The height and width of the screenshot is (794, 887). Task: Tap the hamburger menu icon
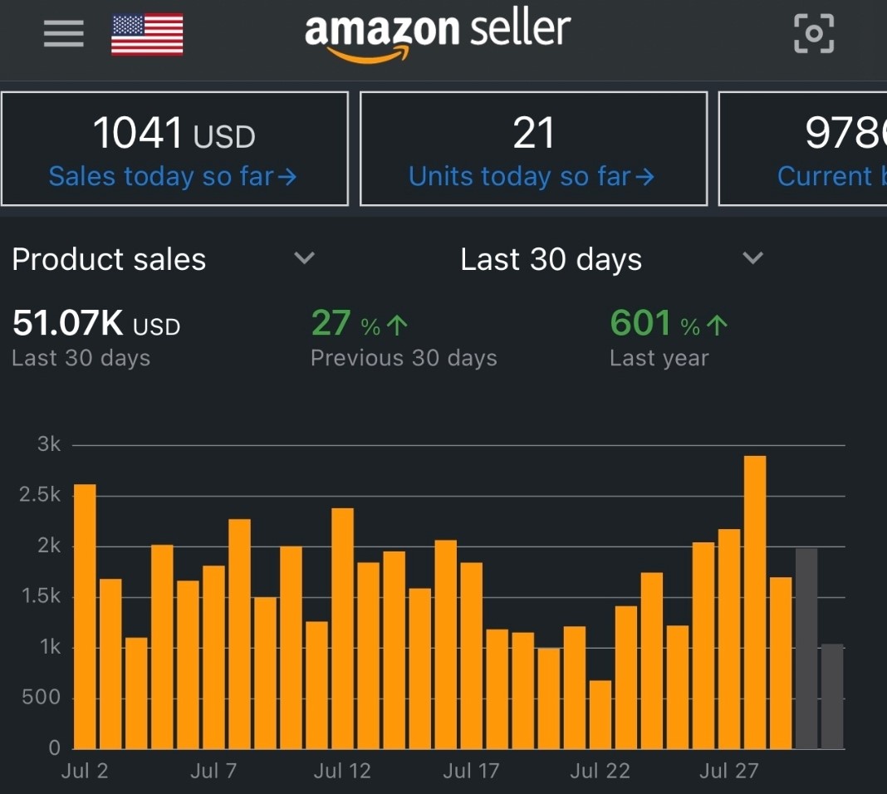pos(63,33)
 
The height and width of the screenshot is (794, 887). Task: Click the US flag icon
pos(147,34)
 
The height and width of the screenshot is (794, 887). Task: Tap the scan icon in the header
pos(814,33)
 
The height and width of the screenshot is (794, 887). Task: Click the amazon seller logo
pos(437,34)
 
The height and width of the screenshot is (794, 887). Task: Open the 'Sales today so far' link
pos(173,176)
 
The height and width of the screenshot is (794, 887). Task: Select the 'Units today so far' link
pos(532,176)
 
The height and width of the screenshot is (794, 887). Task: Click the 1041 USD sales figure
pos(174,134)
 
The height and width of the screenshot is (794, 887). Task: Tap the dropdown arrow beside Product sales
pos(305,258)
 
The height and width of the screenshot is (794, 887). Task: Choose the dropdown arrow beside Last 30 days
pos(752,258)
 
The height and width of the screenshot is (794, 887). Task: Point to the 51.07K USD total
pos(96,324)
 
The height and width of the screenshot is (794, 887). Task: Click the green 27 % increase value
pos(360,324)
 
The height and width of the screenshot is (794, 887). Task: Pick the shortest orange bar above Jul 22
pos(600,714)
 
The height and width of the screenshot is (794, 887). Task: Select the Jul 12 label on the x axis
pos(342,772)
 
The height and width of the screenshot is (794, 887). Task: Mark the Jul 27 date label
pos(728,772)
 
